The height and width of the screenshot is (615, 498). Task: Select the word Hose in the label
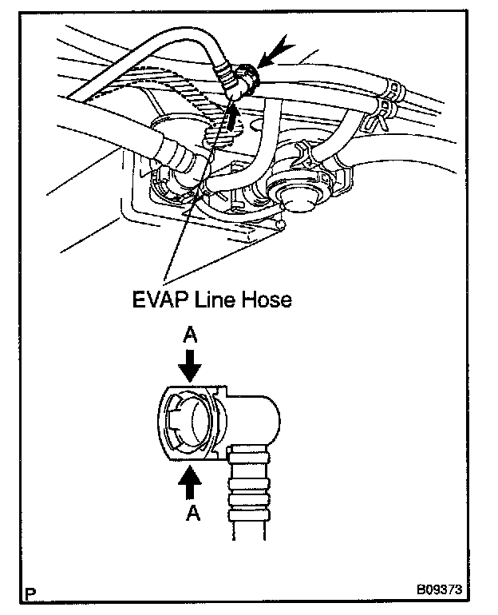click(266, 300)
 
